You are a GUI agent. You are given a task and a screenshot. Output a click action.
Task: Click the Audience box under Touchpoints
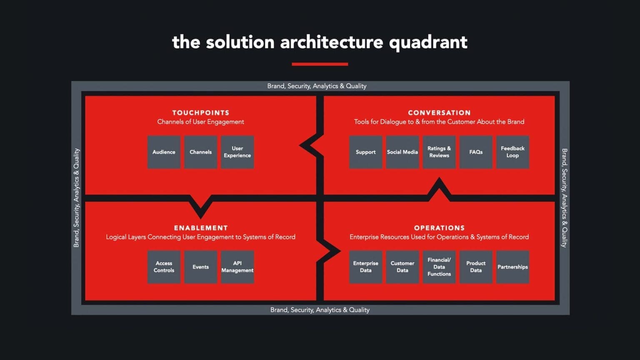164,152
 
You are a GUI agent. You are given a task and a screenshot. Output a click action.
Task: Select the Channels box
200,152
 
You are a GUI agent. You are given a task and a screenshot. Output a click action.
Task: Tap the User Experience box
237,152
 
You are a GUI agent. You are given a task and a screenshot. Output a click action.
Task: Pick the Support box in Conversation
365,152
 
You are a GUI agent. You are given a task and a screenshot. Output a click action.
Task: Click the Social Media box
402,152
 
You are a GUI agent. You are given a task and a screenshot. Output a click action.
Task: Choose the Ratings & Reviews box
439,152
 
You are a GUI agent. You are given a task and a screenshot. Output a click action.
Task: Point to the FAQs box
475,152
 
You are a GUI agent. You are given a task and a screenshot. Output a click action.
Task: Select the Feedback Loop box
512,152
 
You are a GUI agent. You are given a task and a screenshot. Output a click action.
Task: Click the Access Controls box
164,267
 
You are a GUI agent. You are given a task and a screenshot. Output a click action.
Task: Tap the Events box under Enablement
200,267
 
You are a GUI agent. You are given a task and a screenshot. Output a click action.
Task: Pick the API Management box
237,267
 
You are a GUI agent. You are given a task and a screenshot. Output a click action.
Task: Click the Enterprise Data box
365,267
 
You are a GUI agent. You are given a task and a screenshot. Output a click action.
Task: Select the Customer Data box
402,267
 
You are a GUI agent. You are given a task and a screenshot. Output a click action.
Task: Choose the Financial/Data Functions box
439,267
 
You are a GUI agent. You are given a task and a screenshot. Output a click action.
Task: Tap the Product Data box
475,267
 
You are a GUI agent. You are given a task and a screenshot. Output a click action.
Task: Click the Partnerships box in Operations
512,267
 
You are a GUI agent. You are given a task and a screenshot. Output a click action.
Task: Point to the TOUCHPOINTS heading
200,112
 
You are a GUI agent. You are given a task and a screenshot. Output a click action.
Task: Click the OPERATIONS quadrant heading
439,228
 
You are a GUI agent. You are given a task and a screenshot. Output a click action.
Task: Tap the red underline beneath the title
320,64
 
